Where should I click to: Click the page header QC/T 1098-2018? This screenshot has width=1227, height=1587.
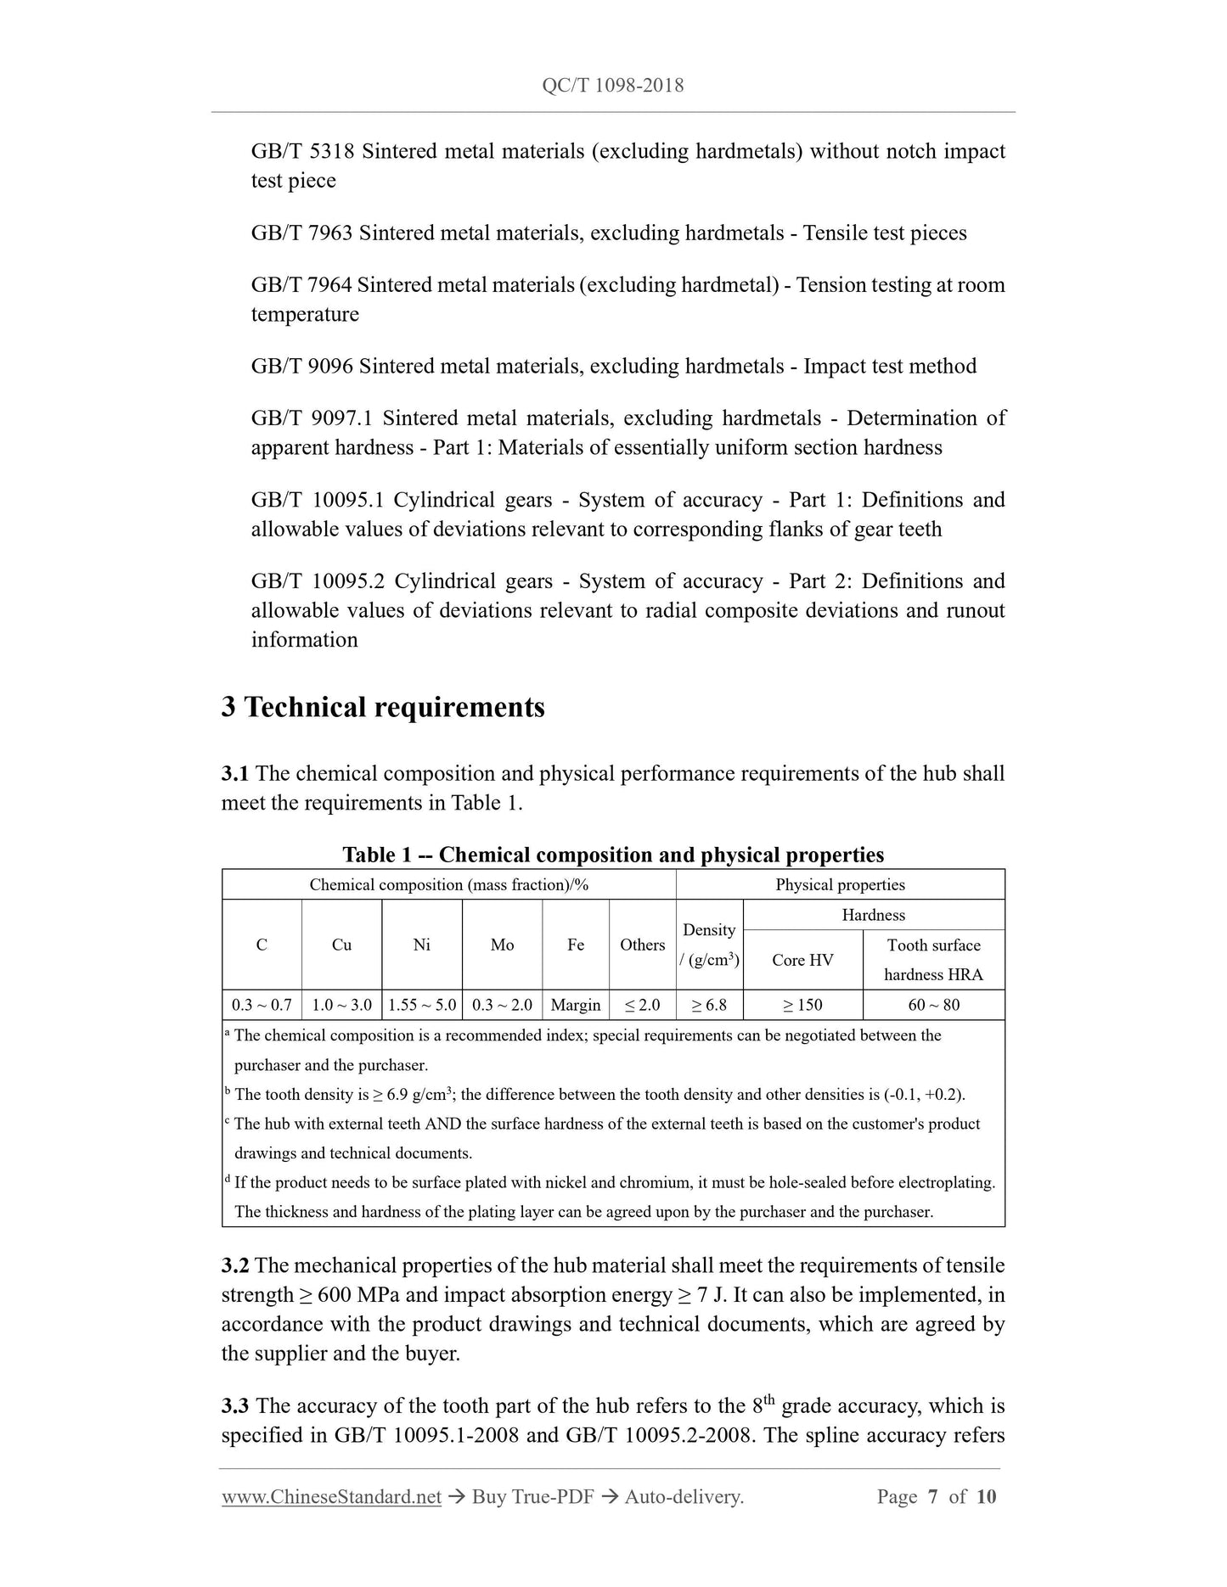(x=612, y=86)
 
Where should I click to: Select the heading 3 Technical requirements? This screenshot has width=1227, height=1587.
(x=383, y=707)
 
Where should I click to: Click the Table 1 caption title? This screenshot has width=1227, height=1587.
(x=613, y=855)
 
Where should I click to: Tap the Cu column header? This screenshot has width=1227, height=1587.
(x=341, y=945)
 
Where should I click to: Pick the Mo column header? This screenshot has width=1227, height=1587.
(x=502, y=945)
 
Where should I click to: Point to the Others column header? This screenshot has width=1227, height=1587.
(x=642, y=945)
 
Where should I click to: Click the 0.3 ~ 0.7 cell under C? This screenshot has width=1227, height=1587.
(x=262, y=1005)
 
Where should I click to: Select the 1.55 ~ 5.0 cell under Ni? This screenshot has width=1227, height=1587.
(x=422, y=1005)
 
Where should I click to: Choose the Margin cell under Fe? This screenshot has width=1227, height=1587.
(x=575, y=1005)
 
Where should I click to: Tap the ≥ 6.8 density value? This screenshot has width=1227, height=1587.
(x=709, y=1005)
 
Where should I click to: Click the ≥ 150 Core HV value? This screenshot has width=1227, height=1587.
(x=802, y=1005)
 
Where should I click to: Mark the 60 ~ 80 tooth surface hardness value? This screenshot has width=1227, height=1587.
(x=933, y=1005)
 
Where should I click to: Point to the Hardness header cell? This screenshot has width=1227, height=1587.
(x=873, y=915)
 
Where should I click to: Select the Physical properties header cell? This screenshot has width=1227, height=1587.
(x=840, y=884)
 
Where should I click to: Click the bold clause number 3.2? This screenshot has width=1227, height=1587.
(x=235, y=1265)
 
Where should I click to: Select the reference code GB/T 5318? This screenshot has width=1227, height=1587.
(x=302, y=151)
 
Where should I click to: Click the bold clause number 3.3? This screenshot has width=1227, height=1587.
(x=235, y=1406)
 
